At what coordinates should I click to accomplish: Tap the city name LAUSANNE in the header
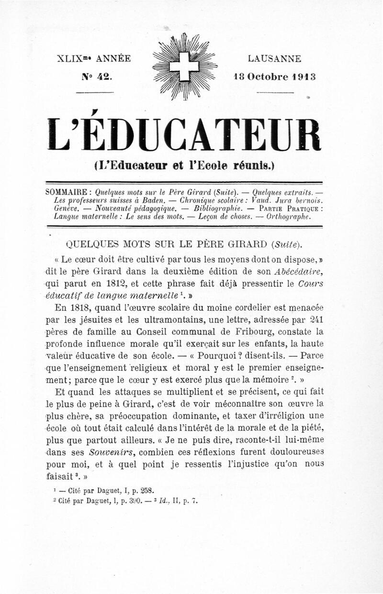tap(274, 59)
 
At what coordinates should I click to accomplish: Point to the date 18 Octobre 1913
tap(274, 77)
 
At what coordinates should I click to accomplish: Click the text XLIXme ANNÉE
tap(93, 59)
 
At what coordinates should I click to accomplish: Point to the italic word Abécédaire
tap(299, 271)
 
